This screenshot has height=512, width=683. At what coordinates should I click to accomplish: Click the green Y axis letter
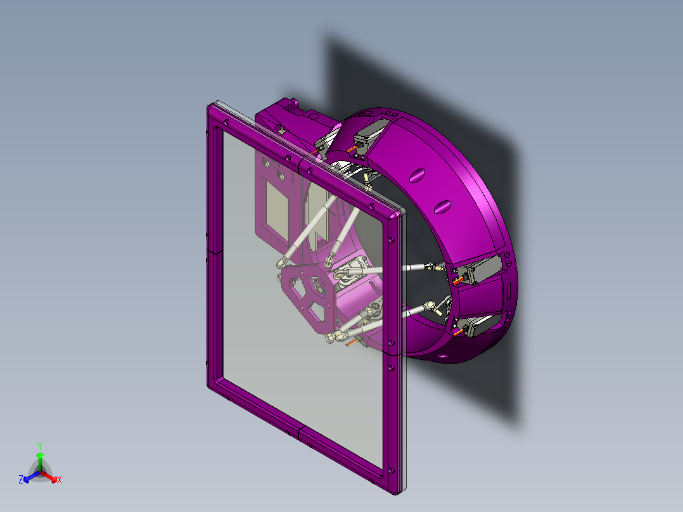coord(40,445)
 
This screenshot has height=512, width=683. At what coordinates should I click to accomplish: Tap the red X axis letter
coord(60,480)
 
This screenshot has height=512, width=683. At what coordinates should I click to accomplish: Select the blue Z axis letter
coord(21,480)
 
